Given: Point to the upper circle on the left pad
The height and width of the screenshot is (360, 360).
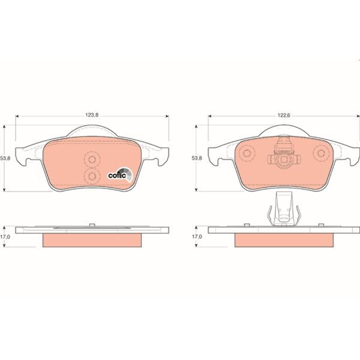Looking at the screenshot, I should [92, 160].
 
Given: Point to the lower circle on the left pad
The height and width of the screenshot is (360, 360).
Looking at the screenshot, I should [92, 175].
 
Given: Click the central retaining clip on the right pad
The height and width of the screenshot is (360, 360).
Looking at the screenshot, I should [282, 154].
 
